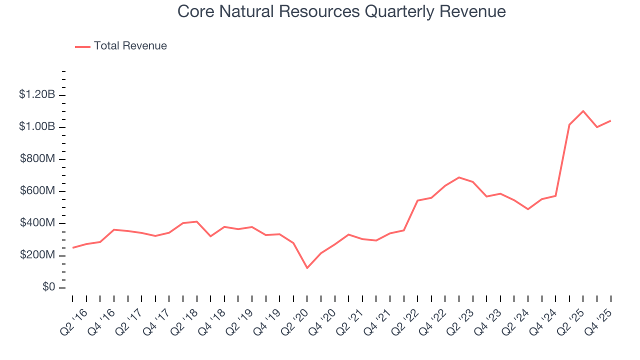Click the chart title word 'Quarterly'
398,11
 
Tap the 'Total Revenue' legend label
130,46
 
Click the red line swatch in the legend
82,46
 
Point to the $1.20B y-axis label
37,95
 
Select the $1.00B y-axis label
37,127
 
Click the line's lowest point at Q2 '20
307,268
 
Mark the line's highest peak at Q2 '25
583,111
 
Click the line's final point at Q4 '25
610,120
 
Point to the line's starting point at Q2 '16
72,247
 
